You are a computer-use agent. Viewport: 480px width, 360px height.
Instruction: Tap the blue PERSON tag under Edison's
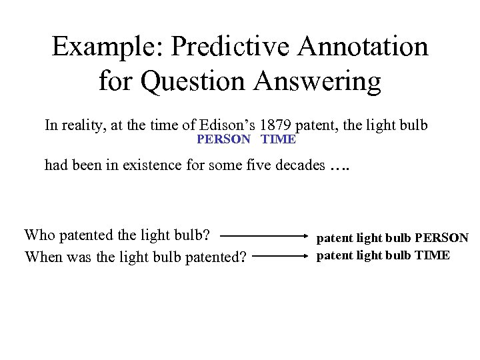[x=223, y=140]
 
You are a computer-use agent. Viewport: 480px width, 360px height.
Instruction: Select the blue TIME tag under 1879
[x=279, y=140]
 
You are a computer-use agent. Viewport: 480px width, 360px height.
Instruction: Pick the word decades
[x=297, y=165]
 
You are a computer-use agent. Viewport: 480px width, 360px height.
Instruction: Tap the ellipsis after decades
[x=339, y=165]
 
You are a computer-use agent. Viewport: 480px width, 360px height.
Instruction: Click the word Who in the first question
[x=38, y=235]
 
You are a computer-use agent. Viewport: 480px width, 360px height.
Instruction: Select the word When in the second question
[x=41, y=255]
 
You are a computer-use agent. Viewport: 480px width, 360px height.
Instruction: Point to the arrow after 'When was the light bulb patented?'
[x=279, y=255]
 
